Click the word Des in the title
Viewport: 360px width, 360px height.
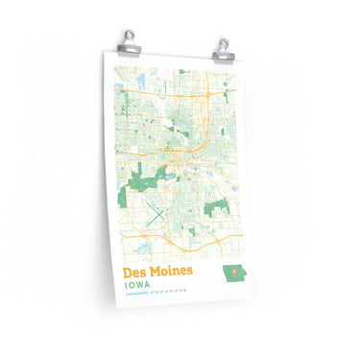click(135, 274)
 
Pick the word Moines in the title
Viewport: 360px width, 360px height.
click(175, 274)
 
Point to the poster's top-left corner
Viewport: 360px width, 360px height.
click(102, 50)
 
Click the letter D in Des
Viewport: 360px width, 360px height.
click(128, 274)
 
